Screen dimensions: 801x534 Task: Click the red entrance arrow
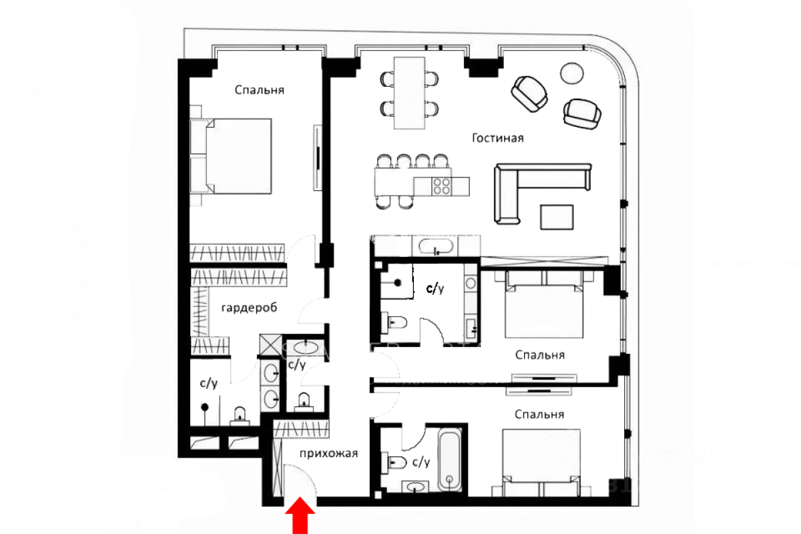300,516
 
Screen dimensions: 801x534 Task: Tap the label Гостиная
498,138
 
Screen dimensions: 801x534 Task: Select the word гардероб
249,308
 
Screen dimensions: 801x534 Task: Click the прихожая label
328,453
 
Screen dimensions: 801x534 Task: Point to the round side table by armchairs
572,73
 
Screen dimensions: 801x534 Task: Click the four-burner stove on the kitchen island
441,186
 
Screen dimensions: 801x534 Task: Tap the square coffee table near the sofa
557,217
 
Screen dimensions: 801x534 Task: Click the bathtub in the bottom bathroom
449,461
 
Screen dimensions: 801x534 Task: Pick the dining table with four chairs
409,93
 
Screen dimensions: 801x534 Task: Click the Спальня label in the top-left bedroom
259,90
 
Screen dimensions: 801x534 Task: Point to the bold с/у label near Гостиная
435,288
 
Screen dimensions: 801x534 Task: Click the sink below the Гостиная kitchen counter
436,247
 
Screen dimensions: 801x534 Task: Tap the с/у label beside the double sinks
297,364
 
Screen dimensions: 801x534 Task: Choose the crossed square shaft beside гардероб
271,345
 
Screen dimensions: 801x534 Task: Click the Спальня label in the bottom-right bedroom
539,415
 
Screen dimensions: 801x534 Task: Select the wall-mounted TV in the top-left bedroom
318,158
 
